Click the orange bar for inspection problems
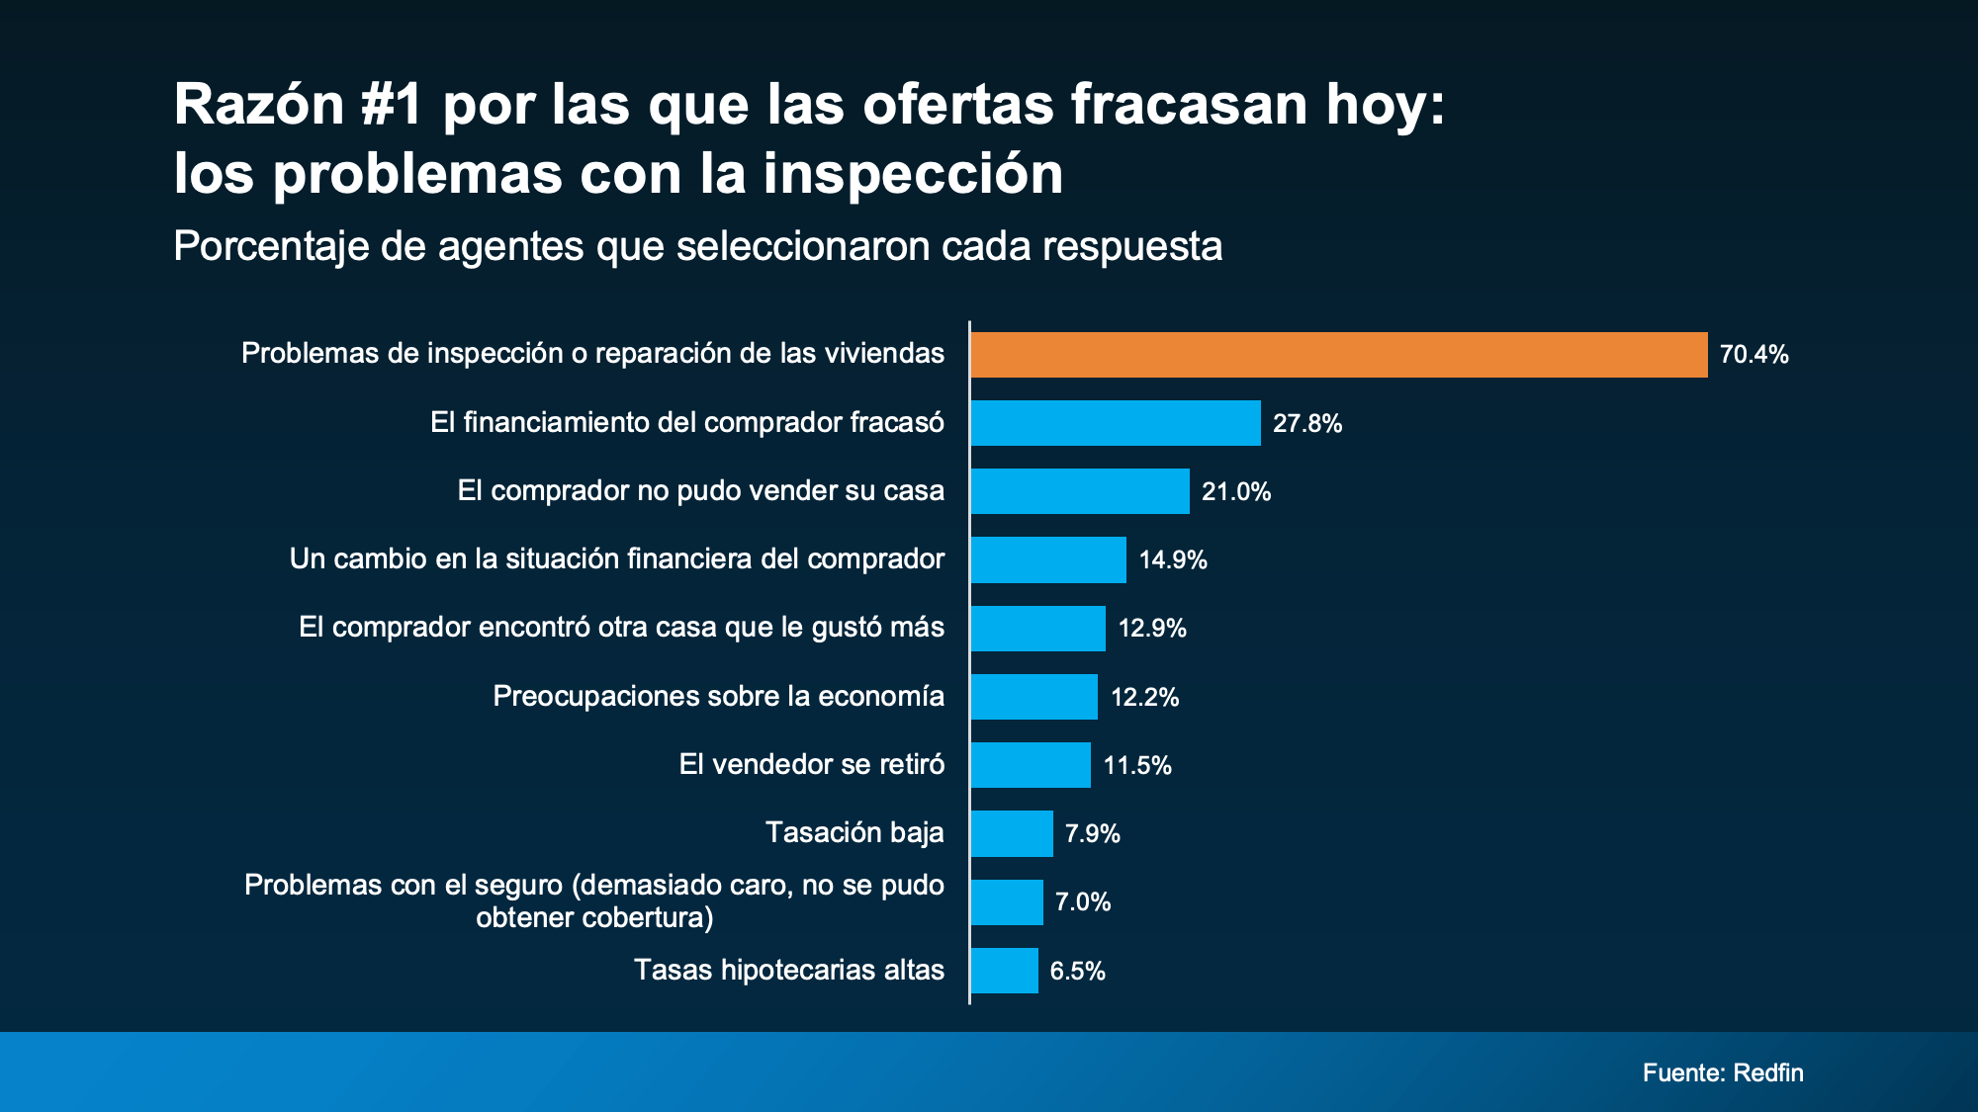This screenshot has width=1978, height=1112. (1338, 355)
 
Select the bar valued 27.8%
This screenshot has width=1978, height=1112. (1116, 423)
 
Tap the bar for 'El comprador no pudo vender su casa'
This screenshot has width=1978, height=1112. (1080, 491)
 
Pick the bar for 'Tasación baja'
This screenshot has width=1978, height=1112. (1012, 833)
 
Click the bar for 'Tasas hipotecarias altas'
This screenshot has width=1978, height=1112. (1005, 971)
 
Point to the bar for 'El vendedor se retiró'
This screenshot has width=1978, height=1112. (1031, 765)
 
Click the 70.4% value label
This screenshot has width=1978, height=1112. (1753, 355)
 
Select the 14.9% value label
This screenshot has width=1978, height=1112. (1173, 560)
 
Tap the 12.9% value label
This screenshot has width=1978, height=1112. (1152, 629)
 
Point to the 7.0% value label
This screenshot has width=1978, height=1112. (1083, 902)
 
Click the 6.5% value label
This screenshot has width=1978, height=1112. (1077, 971)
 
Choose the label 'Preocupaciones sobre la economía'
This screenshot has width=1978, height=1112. (718, 696)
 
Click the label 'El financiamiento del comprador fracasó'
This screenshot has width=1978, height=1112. (687, 423)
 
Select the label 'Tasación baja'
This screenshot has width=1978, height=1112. (854, 833)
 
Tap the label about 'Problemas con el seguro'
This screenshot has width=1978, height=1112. (594, 900)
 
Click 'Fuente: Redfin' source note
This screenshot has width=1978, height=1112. (1723, 1072)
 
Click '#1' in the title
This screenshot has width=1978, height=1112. (393, 104)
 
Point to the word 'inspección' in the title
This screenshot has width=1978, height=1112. (912, 174)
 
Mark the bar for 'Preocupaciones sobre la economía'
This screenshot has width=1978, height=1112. (1034, 697)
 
